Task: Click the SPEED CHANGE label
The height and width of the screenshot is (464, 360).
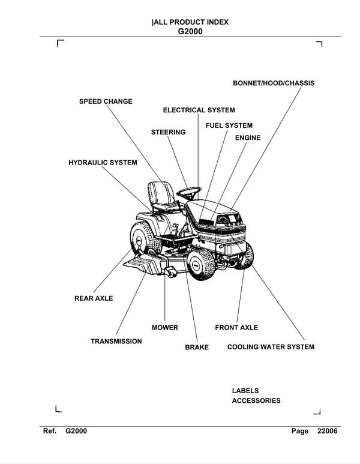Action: tap(106, 101)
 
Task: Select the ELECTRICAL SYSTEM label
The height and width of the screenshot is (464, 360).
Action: tap(199, 110)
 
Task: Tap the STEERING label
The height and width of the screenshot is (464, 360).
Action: tap(168, 132)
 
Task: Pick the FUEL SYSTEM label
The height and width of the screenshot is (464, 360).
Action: tap(229, 125)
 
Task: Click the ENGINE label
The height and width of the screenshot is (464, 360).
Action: tap(247, 138)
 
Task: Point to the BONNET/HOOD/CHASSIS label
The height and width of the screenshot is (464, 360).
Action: tap(273, 83)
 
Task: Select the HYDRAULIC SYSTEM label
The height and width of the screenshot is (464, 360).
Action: tap(103, 163)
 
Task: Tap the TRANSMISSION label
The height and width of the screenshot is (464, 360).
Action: tap(116, 342)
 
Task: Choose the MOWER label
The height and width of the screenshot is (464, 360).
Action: tap(165, 328)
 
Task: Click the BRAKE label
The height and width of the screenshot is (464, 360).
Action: tap(197, 348)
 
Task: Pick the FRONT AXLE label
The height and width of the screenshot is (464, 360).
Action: tap(236, 328)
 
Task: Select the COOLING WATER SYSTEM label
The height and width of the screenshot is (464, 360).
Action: tap(271, 347)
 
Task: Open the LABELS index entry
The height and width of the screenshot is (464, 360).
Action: tap(245, 391)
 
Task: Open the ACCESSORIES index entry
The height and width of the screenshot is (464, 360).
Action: tap(256, 401)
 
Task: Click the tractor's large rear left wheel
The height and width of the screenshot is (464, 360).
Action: tap(143, 238)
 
